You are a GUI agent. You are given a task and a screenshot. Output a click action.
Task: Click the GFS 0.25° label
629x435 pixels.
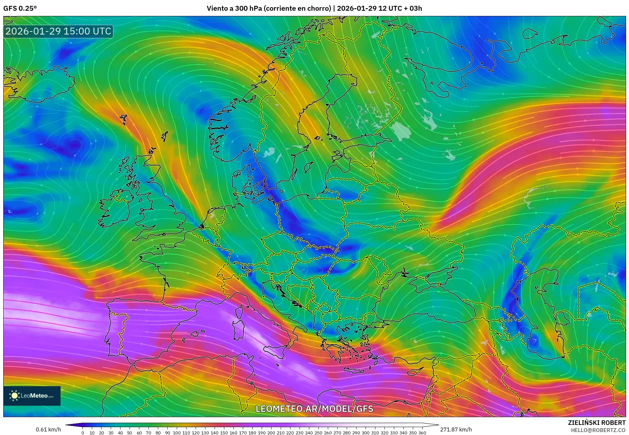coord(20,8)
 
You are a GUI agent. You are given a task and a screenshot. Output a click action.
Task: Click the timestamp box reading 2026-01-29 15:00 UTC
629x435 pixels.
coord(58,31)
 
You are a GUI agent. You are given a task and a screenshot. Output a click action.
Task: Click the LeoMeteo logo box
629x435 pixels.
coord(32,396)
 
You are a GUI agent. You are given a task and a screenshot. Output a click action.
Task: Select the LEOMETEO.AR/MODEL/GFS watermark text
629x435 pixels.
coord(314,409)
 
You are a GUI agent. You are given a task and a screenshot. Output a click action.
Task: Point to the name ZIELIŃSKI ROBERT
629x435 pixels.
coord(596,423)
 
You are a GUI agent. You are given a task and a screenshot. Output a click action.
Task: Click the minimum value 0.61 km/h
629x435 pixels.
coord(48,429)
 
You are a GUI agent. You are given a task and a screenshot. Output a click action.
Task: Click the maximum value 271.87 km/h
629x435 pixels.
coord(456,429)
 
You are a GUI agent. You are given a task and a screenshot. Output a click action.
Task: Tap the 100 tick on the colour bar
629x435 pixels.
coord(176,433)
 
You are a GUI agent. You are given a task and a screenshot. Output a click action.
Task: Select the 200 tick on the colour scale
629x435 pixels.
coord(271,433)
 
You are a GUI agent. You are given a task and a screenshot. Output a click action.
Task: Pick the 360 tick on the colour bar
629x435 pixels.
coord(422,433)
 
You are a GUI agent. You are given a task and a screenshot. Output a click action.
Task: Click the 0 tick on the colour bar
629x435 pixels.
coord(83,433)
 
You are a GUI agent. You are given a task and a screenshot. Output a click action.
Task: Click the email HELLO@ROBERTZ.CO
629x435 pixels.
coord(598,430)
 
